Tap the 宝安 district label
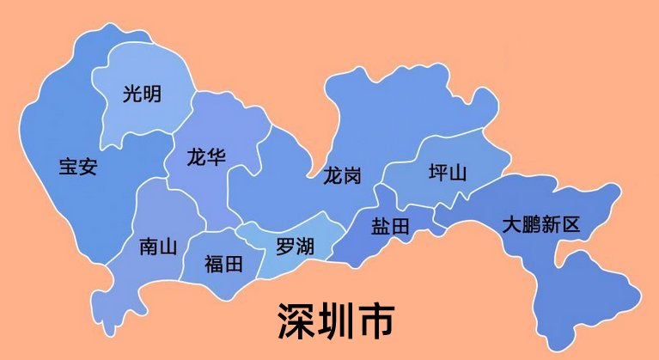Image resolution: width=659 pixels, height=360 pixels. point(77,166)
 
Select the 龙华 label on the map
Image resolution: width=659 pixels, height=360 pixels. point(206,157)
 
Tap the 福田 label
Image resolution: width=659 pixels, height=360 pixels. point(223,264)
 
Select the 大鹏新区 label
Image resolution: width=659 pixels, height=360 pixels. point(541,225)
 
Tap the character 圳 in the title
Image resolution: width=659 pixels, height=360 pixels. point(338,320)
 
